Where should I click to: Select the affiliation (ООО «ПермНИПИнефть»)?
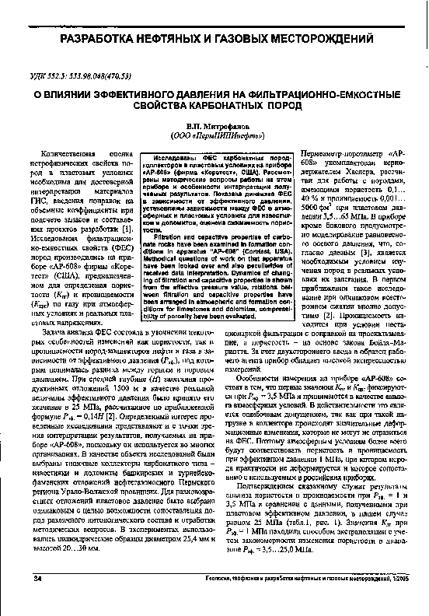tap(214, 135)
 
